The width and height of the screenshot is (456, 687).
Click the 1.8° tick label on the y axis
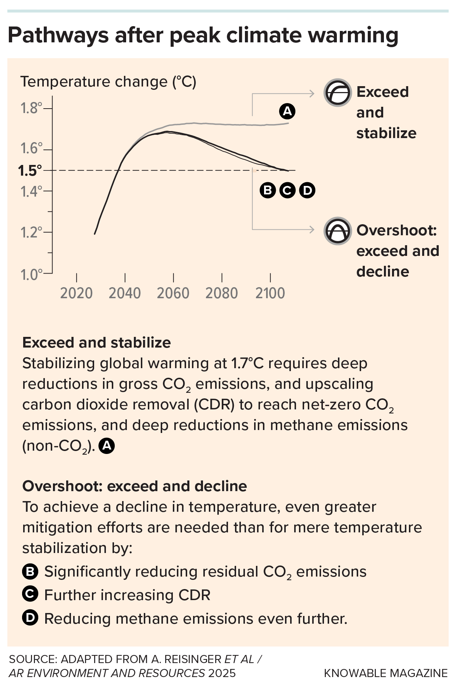(32, 108)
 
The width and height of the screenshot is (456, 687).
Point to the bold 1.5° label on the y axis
(30, 171)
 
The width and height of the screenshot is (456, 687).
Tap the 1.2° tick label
(32, 233)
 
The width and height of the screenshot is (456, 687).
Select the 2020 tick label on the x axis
(76, 293)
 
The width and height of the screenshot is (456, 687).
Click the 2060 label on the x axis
(173, 293)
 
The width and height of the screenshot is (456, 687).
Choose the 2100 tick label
(270, 293)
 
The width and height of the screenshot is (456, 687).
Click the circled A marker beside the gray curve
(287, 111)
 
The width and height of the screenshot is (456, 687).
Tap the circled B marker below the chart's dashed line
(268, 190)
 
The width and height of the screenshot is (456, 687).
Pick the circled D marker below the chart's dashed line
(307, 190)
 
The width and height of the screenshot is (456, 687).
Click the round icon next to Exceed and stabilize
(338, 93)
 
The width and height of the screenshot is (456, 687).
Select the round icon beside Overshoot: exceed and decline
(338, 231)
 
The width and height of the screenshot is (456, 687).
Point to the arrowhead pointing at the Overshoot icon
(312, 229)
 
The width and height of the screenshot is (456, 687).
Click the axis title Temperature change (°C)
(108, 82)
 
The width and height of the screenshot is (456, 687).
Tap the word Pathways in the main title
(58, 36)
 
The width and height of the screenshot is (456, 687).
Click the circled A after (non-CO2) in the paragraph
(107, 446)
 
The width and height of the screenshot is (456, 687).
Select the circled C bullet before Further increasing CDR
(30, 595)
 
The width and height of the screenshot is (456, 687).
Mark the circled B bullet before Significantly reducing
(30, 572)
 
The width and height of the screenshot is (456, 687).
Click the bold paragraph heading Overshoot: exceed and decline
(135, 486)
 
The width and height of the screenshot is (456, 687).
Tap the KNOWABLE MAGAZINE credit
(385, 673)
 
